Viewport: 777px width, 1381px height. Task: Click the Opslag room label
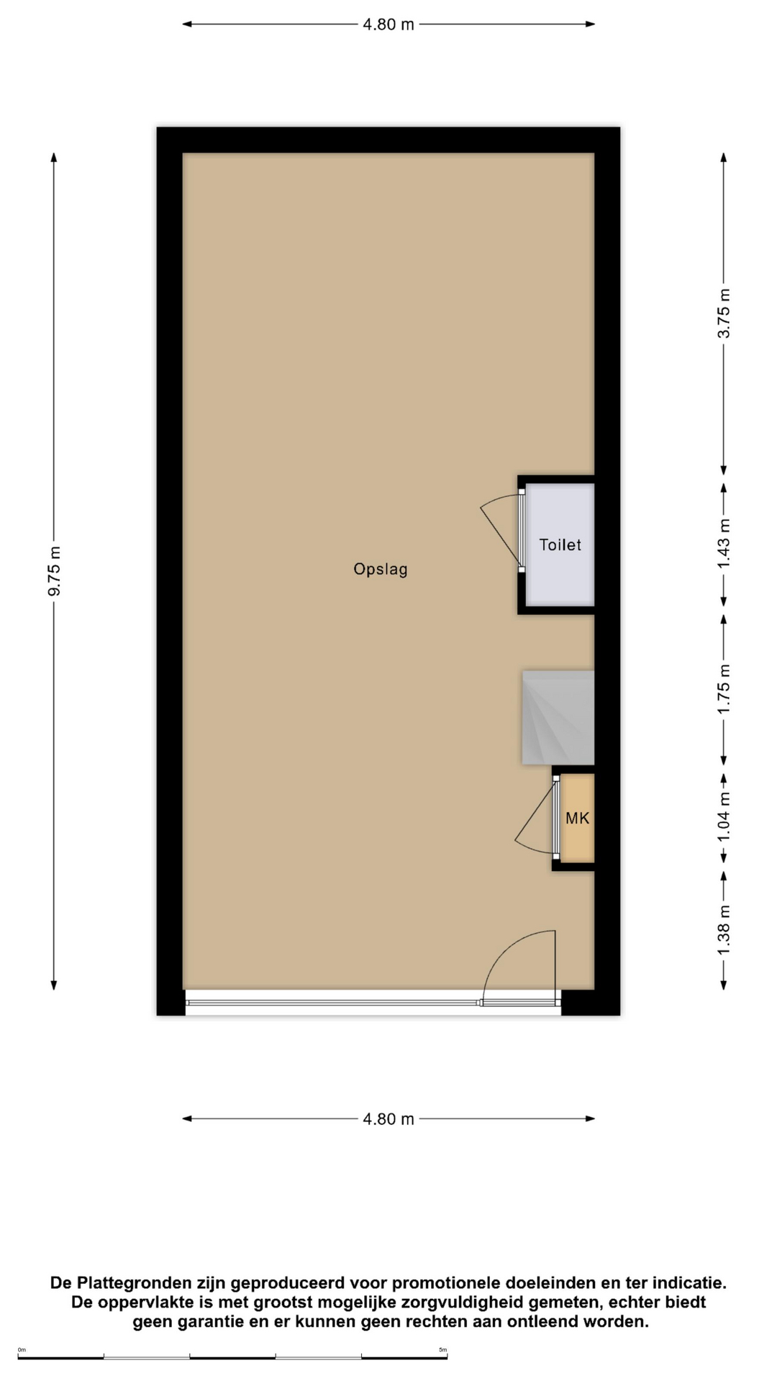click(x=381, y=569)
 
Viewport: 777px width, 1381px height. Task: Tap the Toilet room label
click(x=560, y=544)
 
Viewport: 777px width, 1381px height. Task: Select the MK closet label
click(x=578, y=818)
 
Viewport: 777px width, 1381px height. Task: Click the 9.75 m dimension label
click(x=54, y=571)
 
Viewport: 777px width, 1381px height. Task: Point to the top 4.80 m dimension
click(x=388, y=24)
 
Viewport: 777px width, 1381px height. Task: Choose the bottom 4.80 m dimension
click(x=388, y=1119)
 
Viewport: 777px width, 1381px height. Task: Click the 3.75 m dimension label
click(x=724, y=314)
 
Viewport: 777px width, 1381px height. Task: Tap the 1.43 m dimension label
click(x=724, y=544)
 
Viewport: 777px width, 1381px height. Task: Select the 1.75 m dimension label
click(x=724, y=689)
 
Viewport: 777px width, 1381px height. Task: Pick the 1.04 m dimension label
click(x=724, y=817)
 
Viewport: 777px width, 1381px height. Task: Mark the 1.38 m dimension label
click(x=724, y=931)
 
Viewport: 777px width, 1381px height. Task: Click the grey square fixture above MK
click(x=558, y=718)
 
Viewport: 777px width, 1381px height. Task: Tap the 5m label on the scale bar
click(x=443, y=1350)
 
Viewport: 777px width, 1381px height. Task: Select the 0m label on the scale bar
click(x=22, y=1350)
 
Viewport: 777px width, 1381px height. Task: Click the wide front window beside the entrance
click(x=334, y=1002)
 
